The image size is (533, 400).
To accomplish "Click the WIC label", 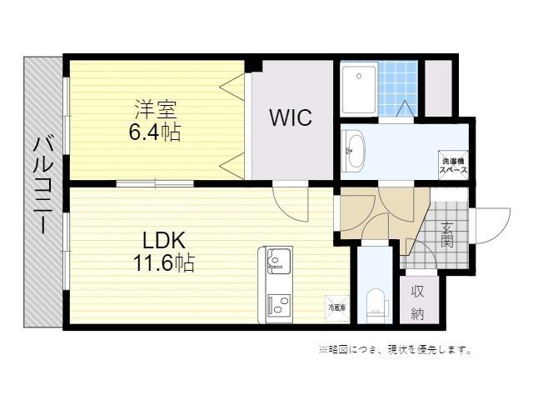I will click(290, 117).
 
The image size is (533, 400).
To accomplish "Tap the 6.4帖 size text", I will click(156, 132).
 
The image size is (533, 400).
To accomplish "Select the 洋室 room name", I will click(156, 109).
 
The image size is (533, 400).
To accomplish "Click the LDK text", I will click(163, 241).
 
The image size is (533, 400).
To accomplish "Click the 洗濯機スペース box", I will click(453, 165).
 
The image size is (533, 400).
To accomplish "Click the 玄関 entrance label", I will click(446, 236).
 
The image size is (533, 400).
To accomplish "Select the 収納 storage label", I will click(417, 302).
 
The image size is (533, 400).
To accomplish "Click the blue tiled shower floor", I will click(397, 85).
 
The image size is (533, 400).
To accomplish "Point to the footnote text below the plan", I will click(395, 350).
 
